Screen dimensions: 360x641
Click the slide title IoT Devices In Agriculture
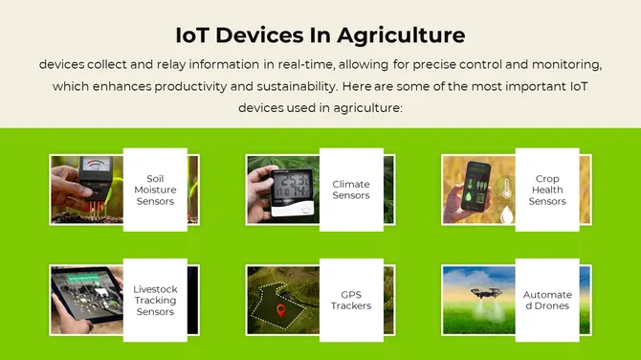pyautogui.click(x=320, y=35)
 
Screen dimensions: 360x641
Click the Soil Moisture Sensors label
pyautogui.click(x=155, y=190)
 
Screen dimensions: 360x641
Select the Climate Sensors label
pyautogui.click(x=351, y=190)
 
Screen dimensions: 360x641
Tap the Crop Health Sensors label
pyautogui.click(x=547, y=190)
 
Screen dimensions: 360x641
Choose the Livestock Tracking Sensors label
pyautogui.click(x=155, y=301)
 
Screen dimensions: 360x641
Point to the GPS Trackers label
pyautogui.click(x=351, y=301)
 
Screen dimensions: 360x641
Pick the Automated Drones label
pyautogui.click(x=547, y=301)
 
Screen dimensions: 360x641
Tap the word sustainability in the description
pyautogui.click(x=285, y=86)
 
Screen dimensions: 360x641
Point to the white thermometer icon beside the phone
pyautogui.click(x=506, y=190)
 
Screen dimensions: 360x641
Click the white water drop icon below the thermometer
pyautogui.click(x=507, y=216)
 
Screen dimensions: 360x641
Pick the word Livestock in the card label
pyautogui.click(x=155, y=289)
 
